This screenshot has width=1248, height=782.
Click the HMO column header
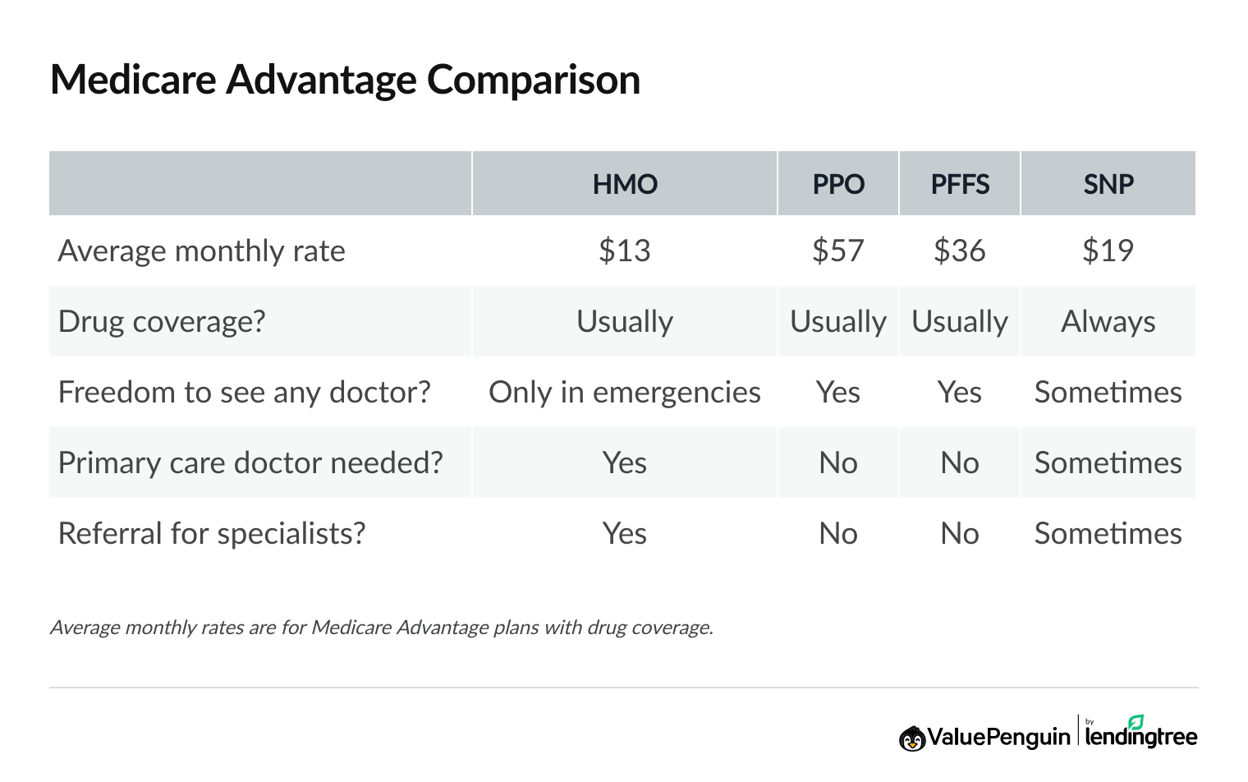click(x=625, y=184)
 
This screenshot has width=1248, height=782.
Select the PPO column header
click(x=838, y=184)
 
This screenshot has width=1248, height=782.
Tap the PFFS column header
click(x=960, y=184)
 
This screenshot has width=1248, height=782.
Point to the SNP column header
click(x=1108, y=184)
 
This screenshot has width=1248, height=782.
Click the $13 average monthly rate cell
click(x=625, y=251)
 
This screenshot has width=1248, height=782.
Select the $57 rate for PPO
click(x=838, y=251)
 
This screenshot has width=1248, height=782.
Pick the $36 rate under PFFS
click(x=960, y=251)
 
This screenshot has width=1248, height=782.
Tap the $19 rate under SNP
click(x=1108, y=251)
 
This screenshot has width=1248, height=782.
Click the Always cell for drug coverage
click(x=1108, y=321)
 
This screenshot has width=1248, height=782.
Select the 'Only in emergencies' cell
click(x=625, y=393)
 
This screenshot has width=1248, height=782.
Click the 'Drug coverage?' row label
click(x=162, y=321)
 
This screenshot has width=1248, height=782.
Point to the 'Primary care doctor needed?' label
click(x=250, y=463)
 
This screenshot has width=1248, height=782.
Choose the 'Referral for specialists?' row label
click(x=212, y=534)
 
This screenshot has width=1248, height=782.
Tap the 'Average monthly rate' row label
click(x=201, y=251)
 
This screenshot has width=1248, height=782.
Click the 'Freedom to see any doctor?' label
click(x=244, y=393)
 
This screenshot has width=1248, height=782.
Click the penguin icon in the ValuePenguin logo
click(x=912, y=738)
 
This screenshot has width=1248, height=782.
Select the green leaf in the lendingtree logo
click(x=1136, y=722)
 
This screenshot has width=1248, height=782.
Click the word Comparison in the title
click(x=533, y=80)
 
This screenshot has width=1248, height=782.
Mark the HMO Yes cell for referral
click(x=625, y=534)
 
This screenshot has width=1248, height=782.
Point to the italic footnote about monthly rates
click(x=381, y=628)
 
